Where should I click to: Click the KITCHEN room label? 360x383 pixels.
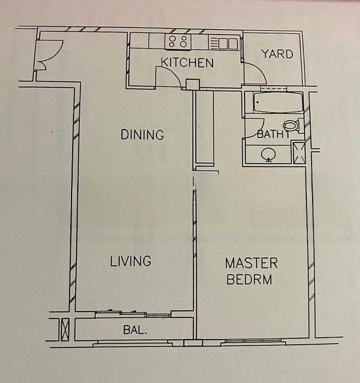(x=187, y=63)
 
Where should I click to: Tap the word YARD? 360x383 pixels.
(x=278, y=54)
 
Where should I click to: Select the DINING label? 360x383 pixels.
(x=142, y=135)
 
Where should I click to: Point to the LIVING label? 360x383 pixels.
(x=131, y=261)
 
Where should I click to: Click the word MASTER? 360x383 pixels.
(x=251, y=263)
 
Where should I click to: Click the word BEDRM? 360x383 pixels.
(x=249, y=280)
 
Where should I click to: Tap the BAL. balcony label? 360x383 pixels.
(x=135, y=330)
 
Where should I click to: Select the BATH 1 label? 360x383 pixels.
(x=273, y=134)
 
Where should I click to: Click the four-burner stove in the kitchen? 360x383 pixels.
(x=178, y=41)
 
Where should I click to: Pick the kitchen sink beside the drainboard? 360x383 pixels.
(x=228, y=43)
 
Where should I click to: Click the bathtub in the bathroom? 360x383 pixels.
(x=278, y=102)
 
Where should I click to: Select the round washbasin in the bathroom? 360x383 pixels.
(x=269, y=154)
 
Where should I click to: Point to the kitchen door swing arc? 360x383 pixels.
(x=172, y=71)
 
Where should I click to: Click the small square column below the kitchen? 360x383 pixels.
(x=193, y=84)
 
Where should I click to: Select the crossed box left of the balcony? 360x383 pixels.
(x=64, y=329)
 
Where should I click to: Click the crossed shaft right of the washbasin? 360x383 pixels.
(x=299, y=153)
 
